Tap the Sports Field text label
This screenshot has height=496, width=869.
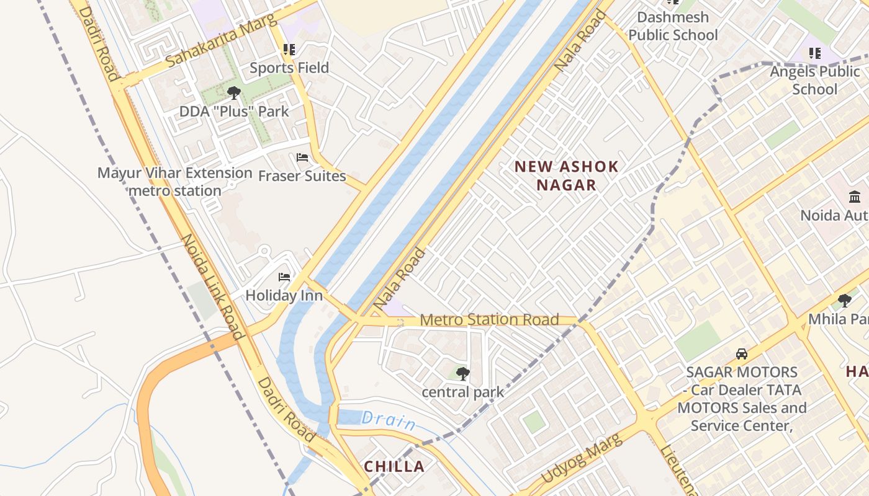pyautogui.click(x=289, y=68)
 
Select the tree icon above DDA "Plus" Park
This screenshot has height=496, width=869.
pyautogui.click(x=233, y=93)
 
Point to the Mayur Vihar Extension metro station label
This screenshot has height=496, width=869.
pyautogui.click(x=175, y=182)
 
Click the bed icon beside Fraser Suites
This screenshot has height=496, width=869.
pyautogui.click(x=302, y=157)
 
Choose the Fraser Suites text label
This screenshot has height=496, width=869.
pyautogui.click(x=302, y=176)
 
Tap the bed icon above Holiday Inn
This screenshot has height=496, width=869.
pyautogui.click(x=284, y=277)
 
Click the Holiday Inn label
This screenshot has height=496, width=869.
pyautogui.click(x=284, y=295)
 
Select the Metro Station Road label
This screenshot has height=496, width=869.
pyautogui.click(x=489, y=320)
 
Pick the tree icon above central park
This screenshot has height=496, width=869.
pyautogui.click(x=462, y=373)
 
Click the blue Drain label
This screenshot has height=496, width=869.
pyautogui.click(x=389, y=420)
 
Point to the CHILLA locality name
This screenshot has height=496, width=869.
pyautogui.click(x=394, y=467)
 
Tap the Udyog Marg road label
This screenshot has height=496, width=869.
pyautogui.click(x=581, y=459)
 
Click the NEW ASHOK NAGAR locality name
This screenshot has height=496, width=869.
pyautogui.click(x=566, y=175)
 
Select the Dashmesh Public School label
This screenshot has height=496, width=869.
pyautogui.click(x=673, y=26)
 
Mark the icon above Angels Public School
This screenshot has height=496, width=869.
pyautogui.click(x=814, y=53)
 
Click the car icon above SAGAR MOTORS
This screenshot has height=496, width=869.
pyautogui.click(x=741, y=354)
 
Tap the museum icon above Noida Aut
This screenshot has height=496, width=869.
pyautogui.click(x=854, y=197)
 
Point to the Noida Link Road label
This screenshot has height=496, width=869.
pyautogui.click(x=212, y=286)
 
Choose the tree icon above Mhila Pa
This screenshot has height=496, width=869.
pyautogui.click(x=844, y=301)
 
